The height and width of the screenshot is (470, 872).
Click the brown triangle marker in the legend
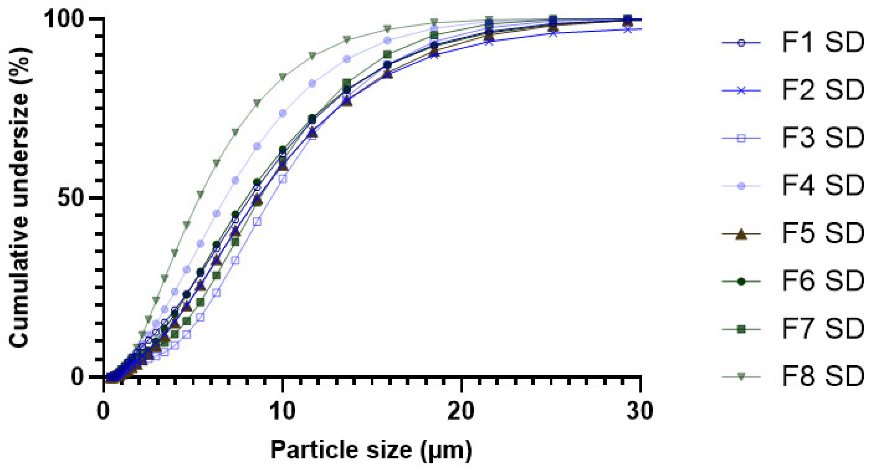coord(741,234)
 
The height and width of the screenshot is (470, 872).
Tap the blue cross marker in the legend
coord(741,90)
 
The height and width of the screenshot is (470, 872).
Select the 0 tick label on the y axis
coord(77,377)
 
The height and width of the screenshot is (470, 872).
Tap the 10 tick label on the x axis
coord(283,411)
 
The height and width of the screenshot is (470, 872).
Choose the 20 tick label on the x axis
coord(462,411)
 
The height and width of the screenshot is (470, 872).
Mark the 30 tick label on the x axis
coord(641,411)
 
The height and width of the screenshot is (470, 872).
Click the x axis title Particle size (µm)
coord(371,450)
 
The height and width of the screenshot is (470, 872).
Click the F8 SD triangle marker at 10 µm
coord(283,77)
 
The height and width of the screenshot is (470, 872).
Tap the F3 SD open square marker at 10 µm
coord(283,179)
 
